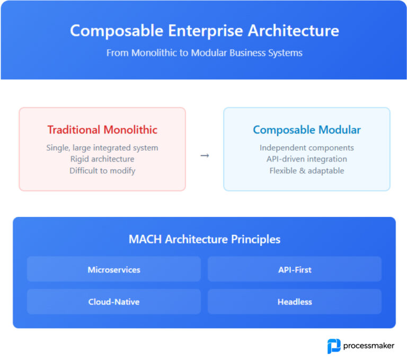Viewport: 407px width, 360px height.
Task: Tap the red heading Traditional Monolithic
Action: coord(102,130)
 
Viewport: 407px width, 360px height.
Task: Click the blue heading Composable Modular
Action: coord(306,130)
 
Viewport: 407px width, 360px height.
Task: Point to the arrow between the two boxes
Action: coord(205,155)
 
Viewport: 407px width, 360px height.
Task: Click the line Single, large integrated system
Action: coord(102,147)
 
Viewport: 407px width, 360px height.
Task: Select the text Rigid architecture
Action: coord(102,159)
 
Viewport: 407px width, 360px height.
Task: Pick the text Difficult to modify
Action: coord(102,171)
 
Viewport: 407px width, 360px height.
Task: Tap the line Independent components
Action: coord(306,147)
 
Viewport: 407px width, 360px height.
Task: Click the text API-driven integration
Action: coord(306,159)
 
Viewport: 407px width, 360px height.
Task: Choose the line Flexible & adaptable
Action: coord(306,171)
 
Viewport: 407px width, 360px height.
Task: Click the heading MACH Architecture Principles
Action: coord(204,239)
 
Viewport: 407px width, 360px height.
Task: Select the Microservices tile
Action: coord(114,269)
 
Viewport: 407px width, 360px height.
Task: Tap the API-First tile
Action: coord(295,269)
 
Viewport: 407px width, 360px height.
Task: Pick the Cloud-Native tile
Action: coord(114,302)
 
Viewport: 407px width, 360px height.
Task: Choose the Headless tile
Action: coord(295,302)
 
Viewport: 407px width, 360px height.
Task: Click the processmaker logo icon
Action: coord(334,346)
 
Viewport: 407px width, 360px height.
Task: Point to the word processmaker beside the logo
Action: coord(369,346)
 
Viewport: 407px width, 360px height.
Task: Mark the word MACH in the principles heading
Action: coord(145,239)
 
